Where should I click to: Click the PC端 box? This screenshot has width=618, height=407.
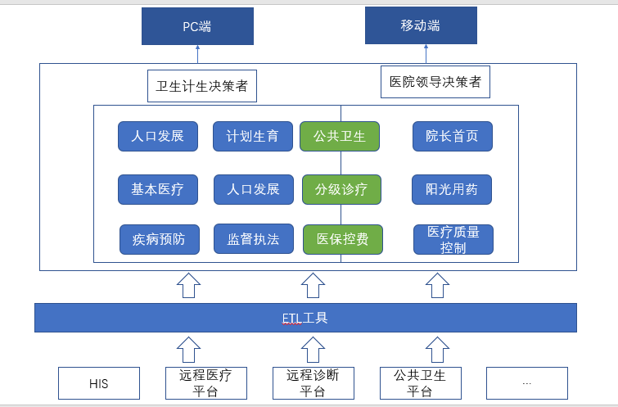(x=197, y=26)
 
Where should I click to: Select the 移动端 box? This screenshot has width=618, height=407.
(x=421, y=25)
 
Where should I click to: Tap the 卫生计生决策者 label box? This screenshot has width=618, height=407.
(x=202, y=86)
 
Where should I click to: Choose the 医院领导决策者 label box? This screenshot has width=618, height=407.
(x=435, y=82)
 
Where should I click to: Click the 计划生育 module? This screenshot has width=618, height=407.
(x=253, y=137)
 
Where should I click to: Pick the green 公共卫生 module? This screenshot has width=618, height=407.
(x=340, y=137)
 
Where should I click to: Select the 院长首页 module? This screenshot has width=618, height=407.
(x=453, y=137)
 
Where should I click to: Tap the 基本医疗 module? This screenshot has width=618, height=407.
(x=158, y=190)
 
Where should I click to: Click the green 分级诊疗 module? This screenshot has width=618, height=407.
(x=341, y=190)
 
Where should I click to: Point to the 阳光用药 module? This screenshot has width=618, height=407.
(x=452, y=190)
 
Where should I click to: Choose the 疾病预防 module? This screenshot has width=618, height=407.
(x=160, y=239)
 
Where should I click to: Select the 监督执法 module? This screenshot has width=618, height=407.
(x=254, y=239)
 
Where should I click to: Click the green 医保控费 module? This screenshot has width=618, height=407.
(x=342, y=239)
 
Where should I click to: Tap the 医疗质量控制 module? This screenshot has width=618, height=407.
(x=453, y=239)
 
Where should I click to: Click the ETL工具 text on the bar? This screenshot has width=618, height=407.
(x=304, y=318)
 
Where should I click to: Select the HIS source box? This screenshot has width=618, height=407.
(x=99, y=383)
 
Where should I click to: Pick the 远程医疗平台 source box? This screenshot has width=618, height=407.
(x=206, y=383)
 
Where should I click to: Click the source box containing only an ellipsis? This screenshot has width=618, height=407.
(x=527, y=383)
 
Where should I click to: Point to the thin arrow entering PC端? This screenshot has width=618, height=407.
(x=197, y=54)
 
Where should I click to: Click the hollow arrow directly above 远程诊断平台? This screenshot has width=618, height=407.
(x=313, y=350)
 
